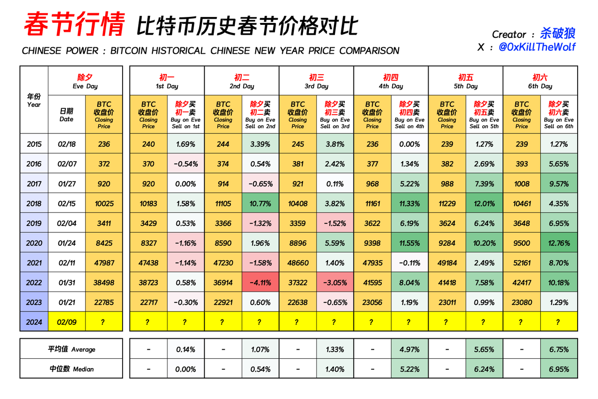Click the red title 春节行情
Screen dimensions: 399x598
(74, 25)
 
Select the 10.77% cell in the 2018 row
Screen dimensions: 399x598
(260, 203)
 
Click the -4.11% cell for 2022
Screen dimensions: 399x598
(260, 283)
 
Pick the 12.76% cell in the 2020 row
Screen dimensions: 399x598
(559, 243)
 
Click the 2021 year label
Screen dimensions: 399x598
(34, 263)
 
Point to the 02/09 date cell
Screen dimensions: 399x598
(66, 322)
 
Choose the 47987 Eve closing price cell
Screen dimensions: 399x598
(104, 263)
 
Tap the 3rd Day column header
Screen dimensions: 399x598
(316, 81)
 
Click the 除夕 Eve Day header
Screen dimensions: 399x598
(85, 81)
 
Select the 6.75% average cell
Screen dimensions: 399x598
(559, 349)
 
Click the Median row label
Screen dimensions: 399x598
(71, 369)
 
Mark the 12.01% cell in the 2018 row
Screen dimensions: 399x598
(484, 203)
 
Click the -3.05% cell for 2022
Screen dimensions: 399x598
(334, 283)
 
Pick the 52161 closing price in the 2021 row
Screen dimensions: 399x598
(522, 263)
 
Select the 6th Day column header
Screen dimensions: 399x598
(540, 81)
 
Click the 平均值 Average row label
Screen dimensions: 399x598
(71, 349)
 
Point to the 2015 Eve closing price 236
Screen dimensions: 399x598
(104, 144)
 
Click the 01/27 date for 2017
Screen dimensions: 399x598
(66, 184)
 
